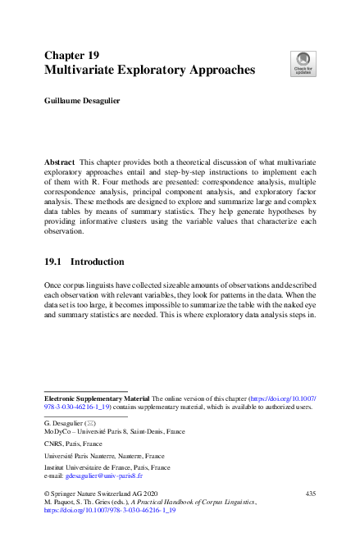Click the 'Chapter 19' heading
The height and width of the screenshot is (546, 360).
coord(71,55)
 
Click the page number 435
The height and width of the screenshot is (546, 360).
coord(310,493)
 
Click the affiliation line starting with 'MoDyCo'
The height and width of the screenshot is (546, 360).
coord(113,430)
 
